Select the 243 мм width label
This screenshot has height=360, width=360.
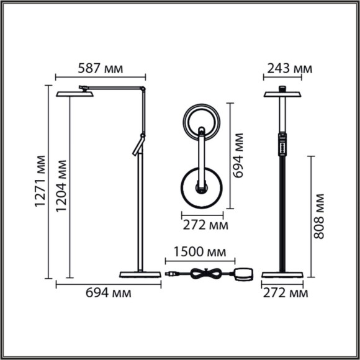pyautogui.click(x=287, y=68)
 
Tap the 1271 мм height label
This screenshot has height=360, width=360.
pyautogui.click(x=41, y=182)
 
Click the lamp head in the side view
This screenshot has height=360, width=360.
pyautogui.click(x=74, y=94)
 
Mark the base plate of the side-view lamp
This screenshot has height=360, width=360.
pyautogui.click(x=139, y=274)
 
